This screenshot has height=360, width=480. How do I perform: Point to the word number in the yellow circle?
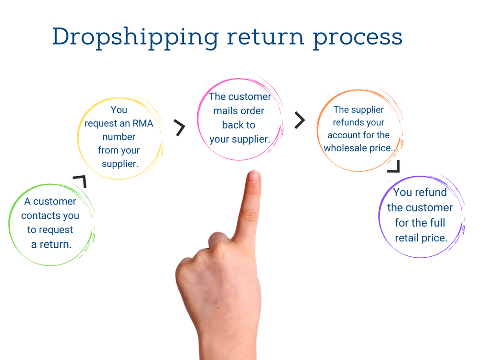pos(119,137)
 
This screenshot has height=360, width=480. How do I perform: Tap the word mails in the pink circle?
pos(226,111)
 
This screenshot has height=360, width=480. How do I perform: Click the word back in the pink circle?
pos(232,125)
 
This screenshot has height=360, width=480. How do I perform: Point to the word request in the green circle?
pos(56,230)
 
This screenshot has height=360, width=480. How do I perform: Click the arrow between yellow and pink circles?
pos(180,128)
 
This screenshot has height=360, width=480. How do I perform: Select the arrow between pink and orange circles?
pos(300,120)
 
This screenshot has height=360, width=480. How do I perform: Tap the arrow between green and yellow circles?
pos(80,181)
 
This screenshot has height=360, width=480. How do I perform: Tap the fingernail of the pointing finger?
pos(253,178)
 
